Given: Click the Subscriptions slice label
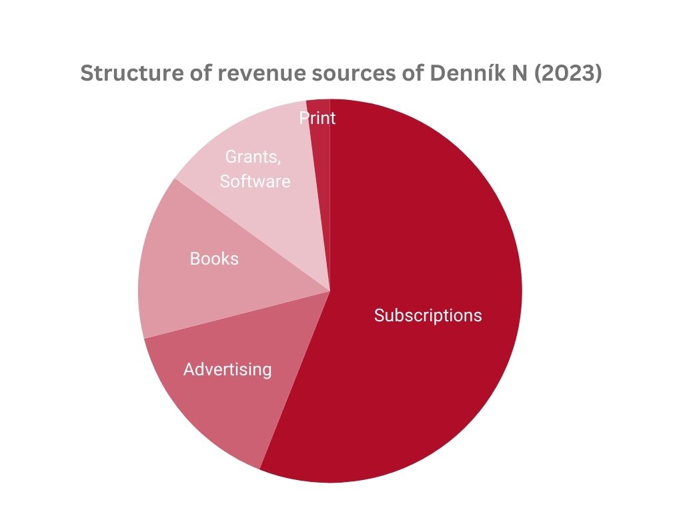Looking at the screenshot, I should [428, 315].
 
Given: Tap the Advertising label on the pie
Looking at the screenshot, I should [227, 369].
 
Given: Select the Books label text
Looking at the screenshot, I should [214, 259].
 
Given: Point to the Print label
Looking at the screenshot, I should [317, 119].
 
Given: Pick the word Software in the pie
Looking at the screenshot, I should [255, 181].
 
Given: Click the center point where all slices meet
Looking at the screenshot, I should [330, 291].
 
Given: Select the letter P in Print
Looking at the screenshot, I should [303, 119].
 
